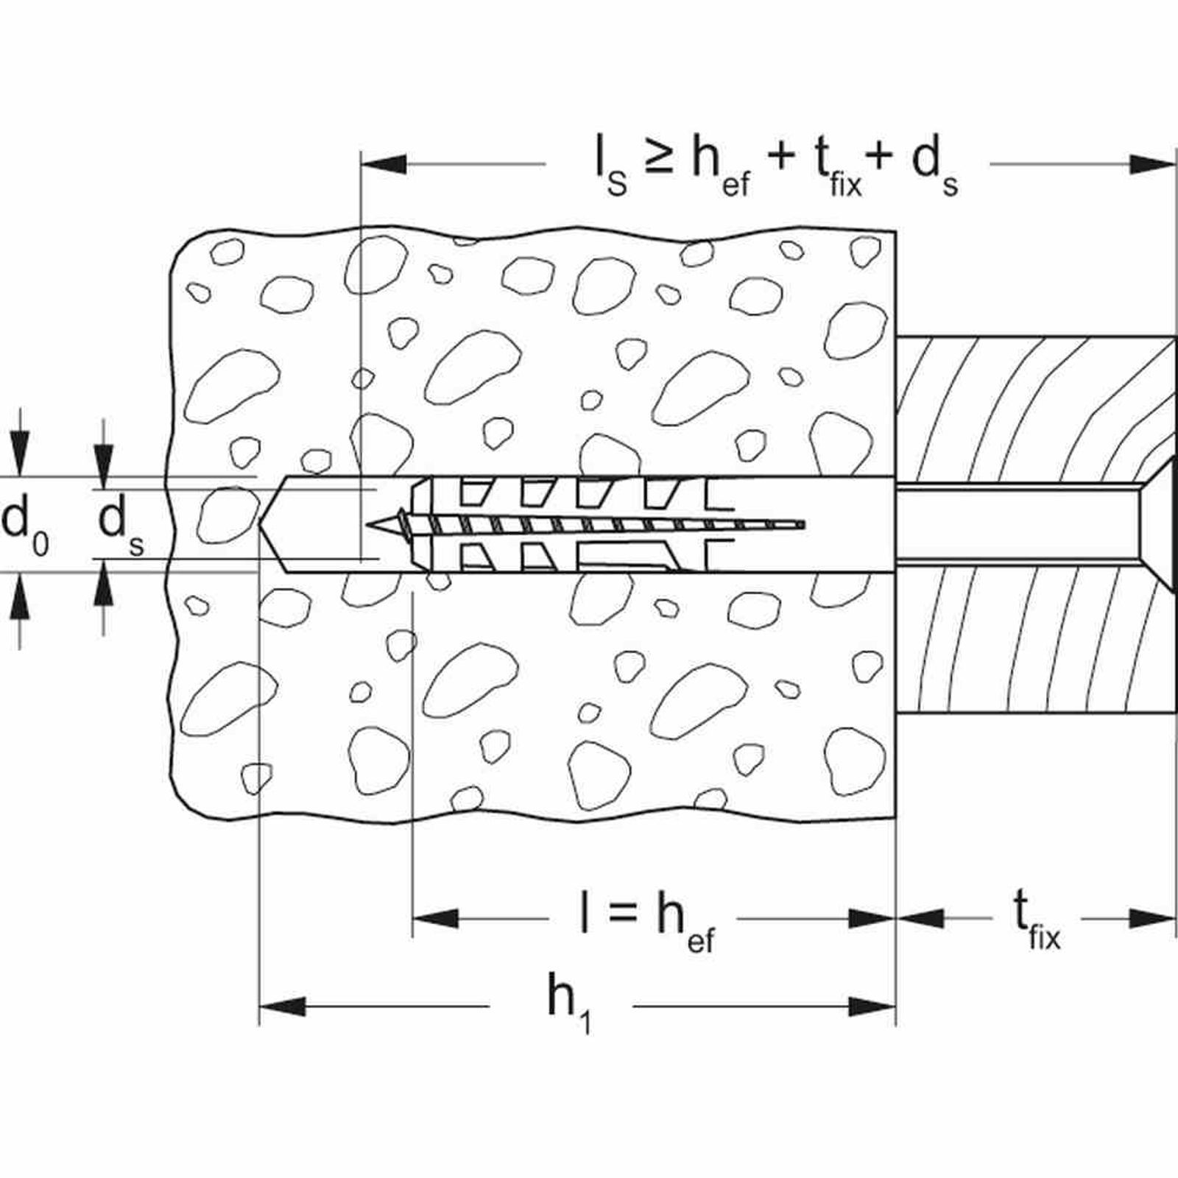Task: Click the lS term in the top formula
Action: click(611, 169)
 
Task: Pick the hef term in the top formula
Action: click(721, 169)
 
